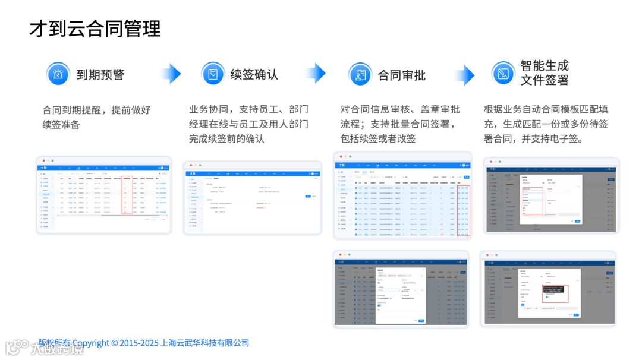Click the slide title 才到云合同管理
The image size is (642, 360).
[95, 29]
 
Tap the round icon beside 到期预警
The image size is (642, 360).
[58, 74]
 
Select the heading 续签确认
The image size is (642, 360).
[254, 75]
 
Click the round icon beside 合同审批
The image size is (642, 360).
[360, 75]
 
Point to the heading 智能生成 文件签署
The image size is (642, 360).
[545, 73]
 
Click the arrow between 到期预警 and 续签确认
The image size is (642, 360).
[171, 74]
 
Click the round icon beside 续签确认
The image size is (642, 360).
[212, 74]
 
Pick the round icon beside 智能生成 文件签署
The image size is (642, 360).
[503, 73]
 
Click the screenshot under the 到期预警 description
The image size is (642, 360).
[104, 195]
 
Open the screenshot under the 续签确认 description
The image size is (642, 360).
[252, 198]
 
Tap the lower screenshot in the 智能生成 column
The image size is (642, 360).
[548, 289]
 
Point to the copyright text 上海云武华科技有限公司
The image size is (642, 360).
[205, 343]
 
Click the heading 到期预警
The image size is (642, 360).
[100, 75]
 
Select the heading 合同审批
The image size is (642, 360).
[402, 75]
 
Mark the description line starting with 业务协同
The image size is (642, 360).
[248, 109]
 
